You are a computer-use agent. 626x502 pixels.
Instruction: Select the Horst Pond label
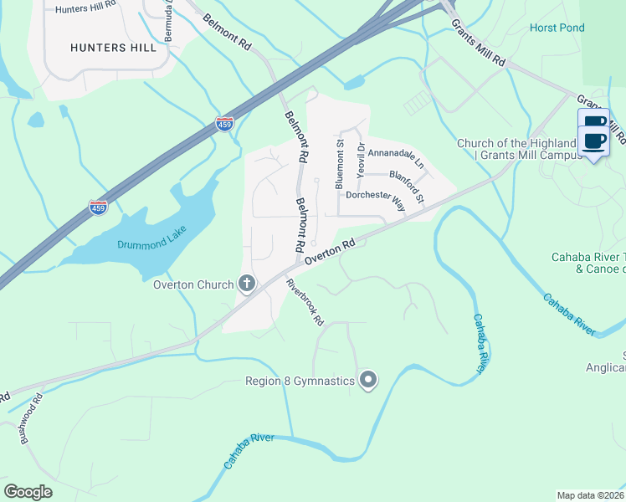click(557, 28)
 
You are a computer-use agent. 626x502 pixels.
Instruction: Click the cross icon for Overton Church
click(246, 284)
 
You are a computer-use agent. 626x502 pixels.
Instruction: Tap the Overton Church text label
click(193, 284)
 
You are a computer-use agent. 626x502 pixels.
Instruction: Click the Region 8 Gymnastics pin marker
click(367, 382)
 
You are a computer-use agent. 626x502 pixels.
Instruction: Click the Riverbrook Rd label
click(304, 302)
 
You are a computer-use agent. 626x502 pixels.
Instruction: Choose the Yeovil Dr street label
click(361, 159)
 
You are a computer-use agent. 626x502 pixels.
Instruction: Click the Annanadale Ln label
click(397, 155)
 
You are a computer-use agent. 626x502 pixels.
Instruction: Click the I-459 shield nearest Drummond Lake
click(99, 207)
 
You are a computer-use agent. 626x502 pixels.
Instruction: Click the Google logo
click(28, 492)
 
